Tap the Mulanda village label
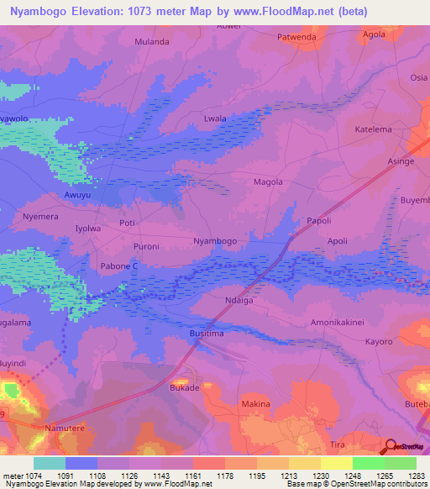click(x=152, y=41)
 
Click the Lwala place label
click(x=216, y=119)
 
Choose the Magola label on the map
click(x=268, y=181)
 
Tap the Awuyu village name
click(x=77, y=195)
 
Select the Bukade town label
click(x=185, y=388)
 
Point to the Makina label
click(x=256, y=404)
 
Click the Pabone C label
click(x=119, y=266)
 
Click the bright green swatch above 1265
click(x=369, y=463)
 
